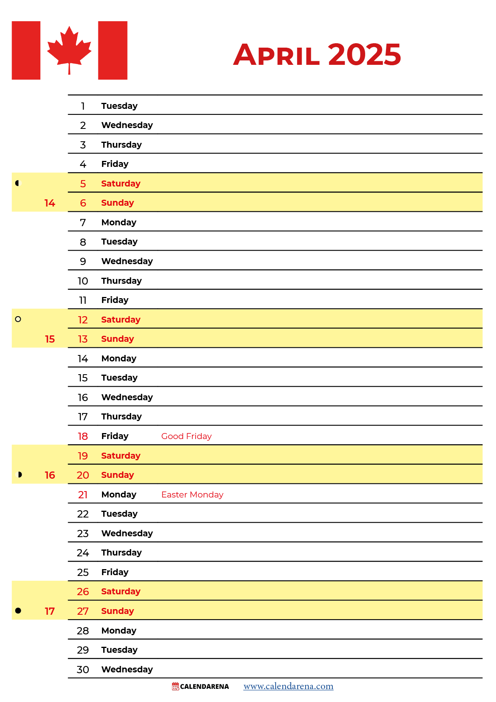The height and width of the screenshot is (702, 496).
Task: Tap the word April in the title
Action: (x=276, y=55)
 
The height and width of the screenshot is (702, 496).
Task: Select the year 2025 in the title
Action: (x=364, y=54)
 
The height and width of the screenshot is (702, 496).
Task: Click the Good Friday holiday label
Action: (x=186, y=436)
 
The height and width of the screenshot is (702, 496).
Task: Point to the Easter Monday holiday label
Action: (x=192, y=495)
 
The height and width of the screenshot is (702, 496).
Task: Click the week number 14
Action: (x=50, y=203)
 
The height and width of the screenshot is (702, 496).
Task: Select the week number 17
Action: (x=50, y=612)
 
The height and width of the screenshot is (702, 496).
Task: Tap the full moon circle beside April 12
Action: (x=18, y=319)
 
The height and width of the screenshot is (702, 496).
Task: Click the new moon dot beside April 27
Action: (x=18, y=611)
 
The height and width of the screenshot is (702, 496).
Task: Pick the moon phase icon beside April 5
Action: (x=17, y=183)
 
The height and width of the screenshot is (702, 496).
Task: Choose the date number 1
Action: (x=83, y=106)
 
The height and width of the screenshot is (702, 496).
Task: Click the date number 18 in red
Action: (x=83, y=436)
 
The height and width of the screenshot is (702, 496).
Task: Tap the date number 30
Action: (x=83, y=670)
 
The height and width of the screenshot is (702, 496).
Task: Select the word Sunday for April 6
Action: (x=118, y=203)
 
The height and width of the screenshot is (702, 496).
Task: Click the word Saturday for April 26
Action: (x=121, y=592)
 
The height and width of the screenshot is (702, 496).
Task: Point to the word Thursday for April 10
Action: (x=122, y=281)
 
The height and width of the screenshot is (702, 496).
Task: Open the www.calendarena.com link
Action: (x=288, y=686)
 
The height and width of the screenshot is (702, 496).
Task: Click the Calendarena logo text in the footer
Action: (x=204, y=687)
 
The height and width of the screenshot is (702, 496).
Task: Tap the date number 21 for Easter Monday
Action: (x=83, y=495)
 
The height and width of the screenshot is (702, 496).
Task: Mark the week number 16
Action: (x=50, y=475)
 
